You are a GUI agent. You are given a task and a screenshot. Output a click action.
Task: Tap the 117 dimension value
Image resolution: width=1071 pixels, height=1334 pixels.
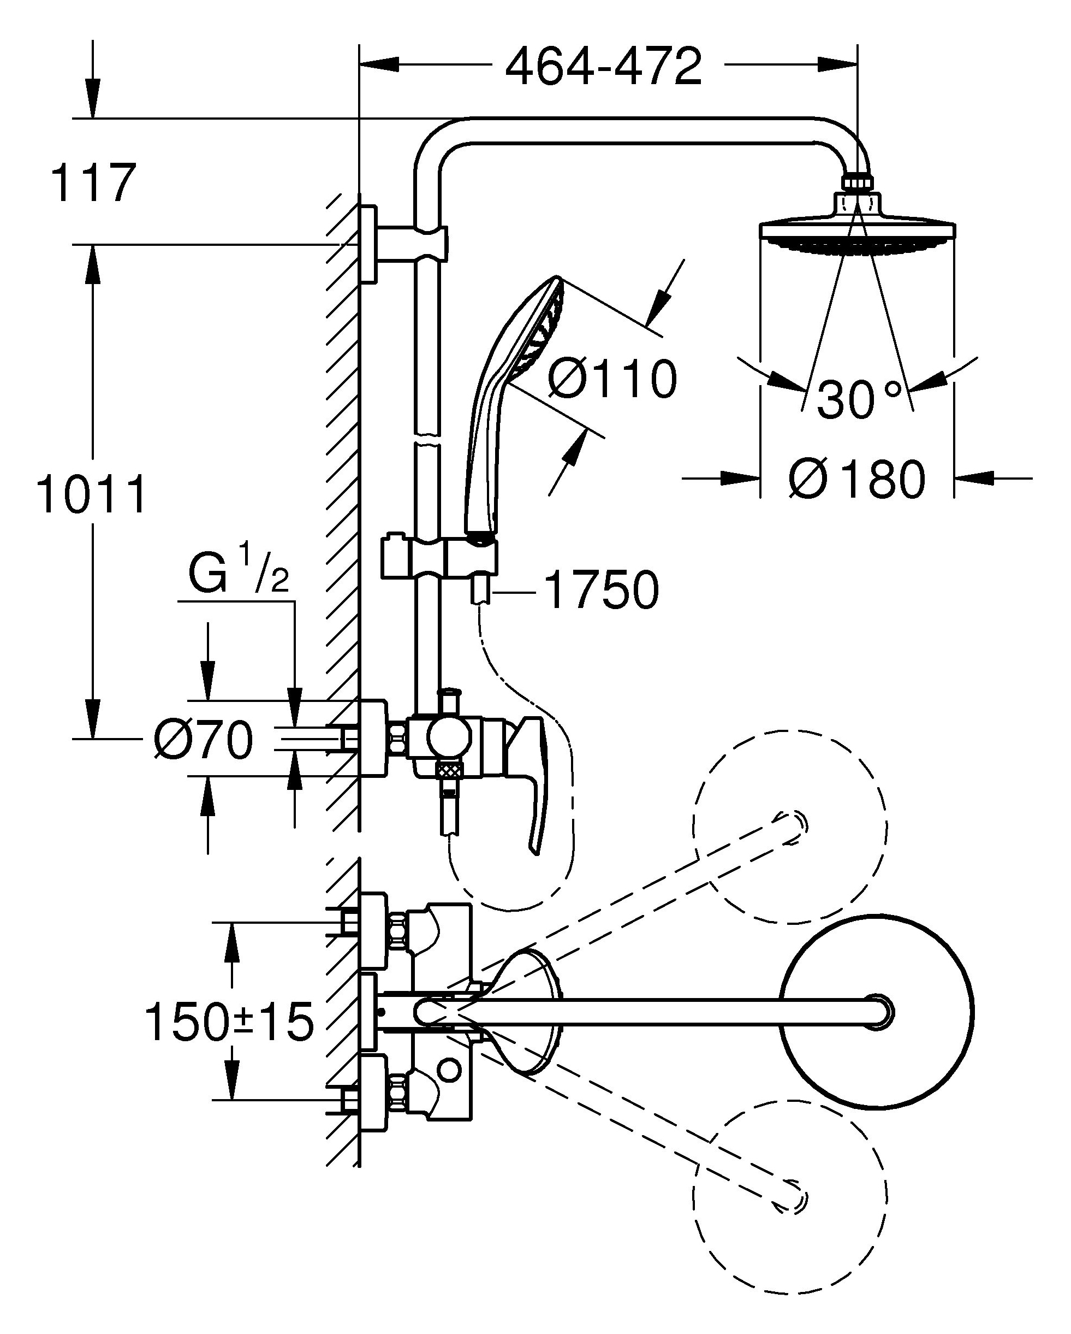pos(93,183)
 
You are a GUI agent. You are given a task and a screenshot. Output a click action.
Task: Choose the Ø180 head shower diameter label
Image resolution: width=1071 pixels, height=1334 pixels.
pos(857,479)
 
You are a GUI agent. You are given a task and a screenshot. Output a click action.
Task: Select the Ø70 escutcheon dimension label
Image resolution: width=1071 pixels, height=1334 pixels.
pos(204,740)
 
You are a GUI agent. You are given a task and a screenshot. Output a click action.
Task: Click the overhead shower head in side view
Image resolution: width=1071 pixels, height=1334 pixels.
pos(857,235)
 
